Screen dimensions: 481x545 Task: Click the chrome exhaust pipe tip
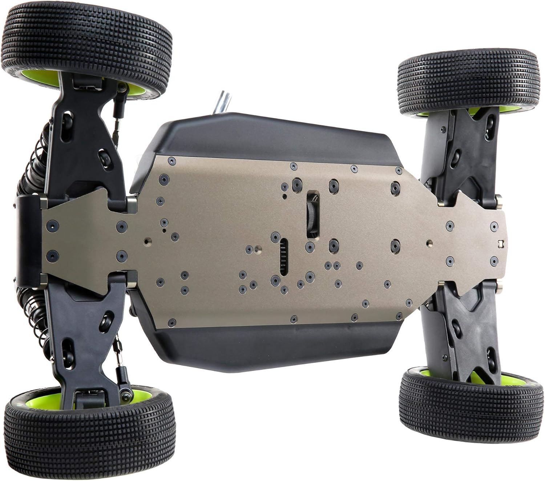[222, 103]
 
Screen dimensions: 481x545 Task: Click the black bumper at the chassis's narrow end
[27, 240]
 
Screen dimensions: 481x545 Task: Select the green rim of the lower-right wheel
[509, 378]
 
